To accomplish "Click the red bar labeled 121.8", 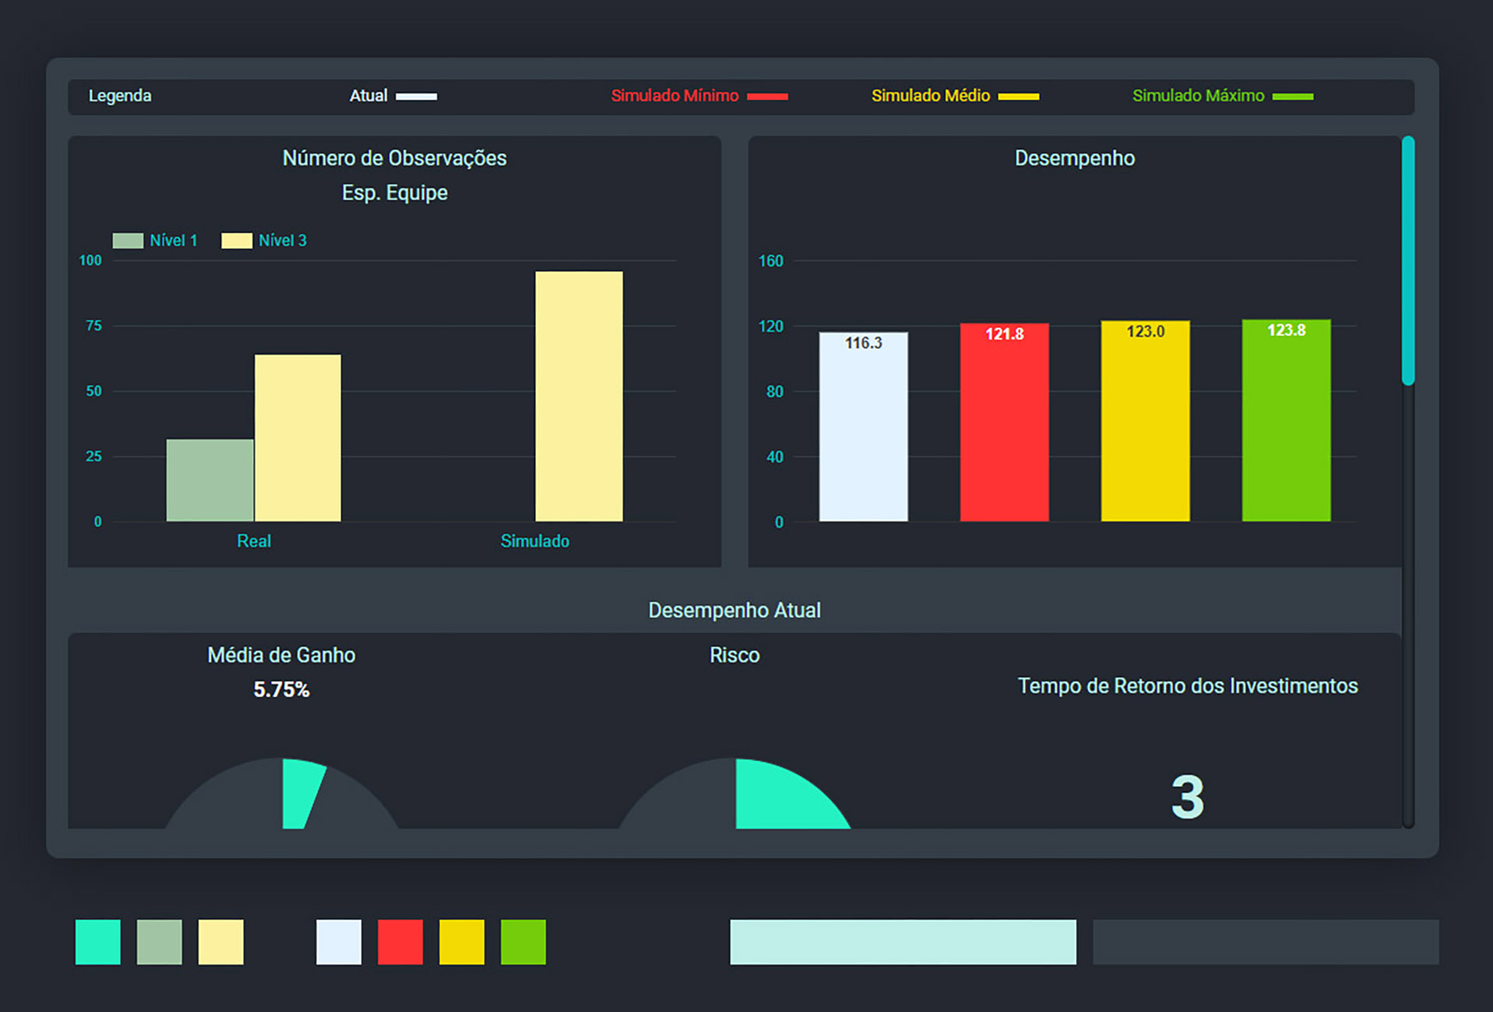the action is pos(1004,422).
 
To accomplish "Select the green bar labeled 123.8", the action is pos(1286,421).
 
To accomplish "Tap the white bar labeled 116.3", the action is pos(863,427).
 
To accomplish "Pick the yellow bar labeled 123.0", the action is pos(1145,421).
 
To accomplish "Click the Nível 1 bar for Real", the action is pos(210,480).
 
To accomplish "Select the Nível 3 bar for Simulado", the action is pos(579,396).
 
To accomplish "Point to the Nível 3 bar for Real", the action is pos(298,438).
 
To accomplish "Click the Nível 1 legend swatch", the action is pos(128,241).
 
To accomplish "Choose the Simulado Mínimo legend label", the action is pos(675,96).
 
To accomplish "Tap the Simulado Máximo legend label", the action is pos(1198,96).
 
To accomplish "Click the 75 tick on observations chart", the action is pos(94,326).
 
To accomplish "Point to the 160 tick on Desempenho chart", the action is pos(771,261).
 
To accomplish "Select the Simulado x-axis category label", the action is pos(535,541).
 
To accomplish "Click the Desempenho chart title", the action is pos(1075,159).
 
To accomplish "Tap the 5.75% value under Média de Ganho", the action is pos(281,689).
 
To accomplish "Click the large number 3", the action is pos(1187,797).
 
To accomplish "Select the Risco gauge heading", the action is pos(735,655).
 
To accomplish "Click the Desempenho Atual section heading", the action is pos(735,610).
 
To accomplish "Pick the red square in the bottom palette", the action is pos(400,942).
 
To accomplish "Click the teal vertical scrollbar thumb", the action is pos(1408,260).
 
